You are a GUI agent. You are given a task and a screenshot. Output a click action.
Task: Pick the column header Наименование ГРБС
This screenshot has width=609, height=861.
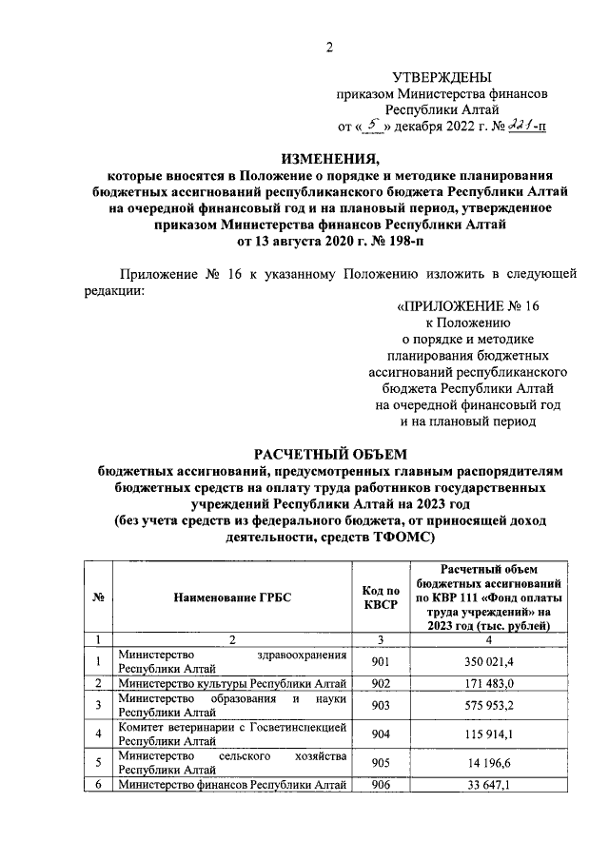tap(232, 597)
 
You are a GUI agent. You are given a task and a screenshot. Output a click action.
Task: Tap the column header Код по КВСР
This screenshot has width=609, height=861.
tap(379, 597)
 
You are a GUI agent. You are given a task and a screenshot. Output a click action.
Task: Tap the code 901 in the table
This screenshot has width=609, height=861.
tap(379, 662)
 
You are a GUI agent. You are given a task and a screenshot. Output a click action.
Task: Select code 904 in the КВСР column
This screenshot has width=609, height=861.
tap(379, 734)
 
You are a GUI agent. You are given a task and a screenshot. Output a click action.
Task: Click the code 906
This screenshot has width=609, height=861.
tap(379, 785)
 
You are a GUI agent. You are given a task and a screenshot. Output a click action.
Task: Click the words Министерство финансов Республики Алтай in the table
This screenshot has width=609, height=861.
tap(232, 785)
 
